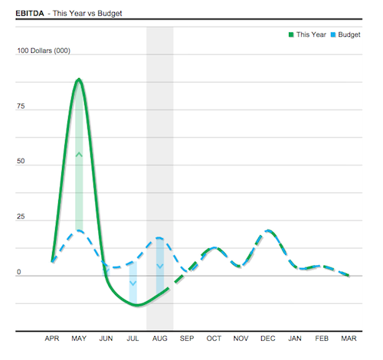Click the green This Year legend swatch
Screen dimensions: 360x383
[x=291, y=34]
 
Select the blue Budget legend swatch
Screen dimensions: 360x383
[x=332, y=34]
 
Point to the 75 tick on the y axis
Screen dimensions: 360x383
[x=21, y=106]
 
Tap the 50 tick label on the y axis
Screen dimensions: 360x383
[x=21, y=162]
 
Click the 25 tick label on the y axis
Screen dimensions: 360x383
[x=21, y=218]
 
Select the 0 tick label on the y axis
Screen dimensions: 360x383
[x=19, y=273]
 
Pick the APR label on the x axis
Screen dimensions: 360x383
[x=52, y=338]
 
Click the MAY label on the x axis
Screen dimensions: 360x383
[x=79, y=338]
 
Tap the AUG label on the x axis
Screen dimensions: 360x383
[x=159, y=338]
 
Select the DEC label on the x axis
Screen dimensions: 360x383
[x=267, y=338]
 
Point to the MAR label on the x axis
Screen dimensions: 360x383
[x=349, y=338]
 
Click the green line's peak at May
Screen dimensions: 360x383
[x=79, y=79]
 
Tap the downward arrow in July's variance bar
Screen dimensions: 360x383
[x=133, y=283]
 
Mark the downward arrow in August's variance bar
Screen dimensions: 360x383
[x=159, y=266]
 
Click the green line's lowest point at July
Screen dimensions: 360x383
[x=136, y=305]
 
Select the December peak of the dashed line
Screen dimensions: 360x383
[x=267, y=230]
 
